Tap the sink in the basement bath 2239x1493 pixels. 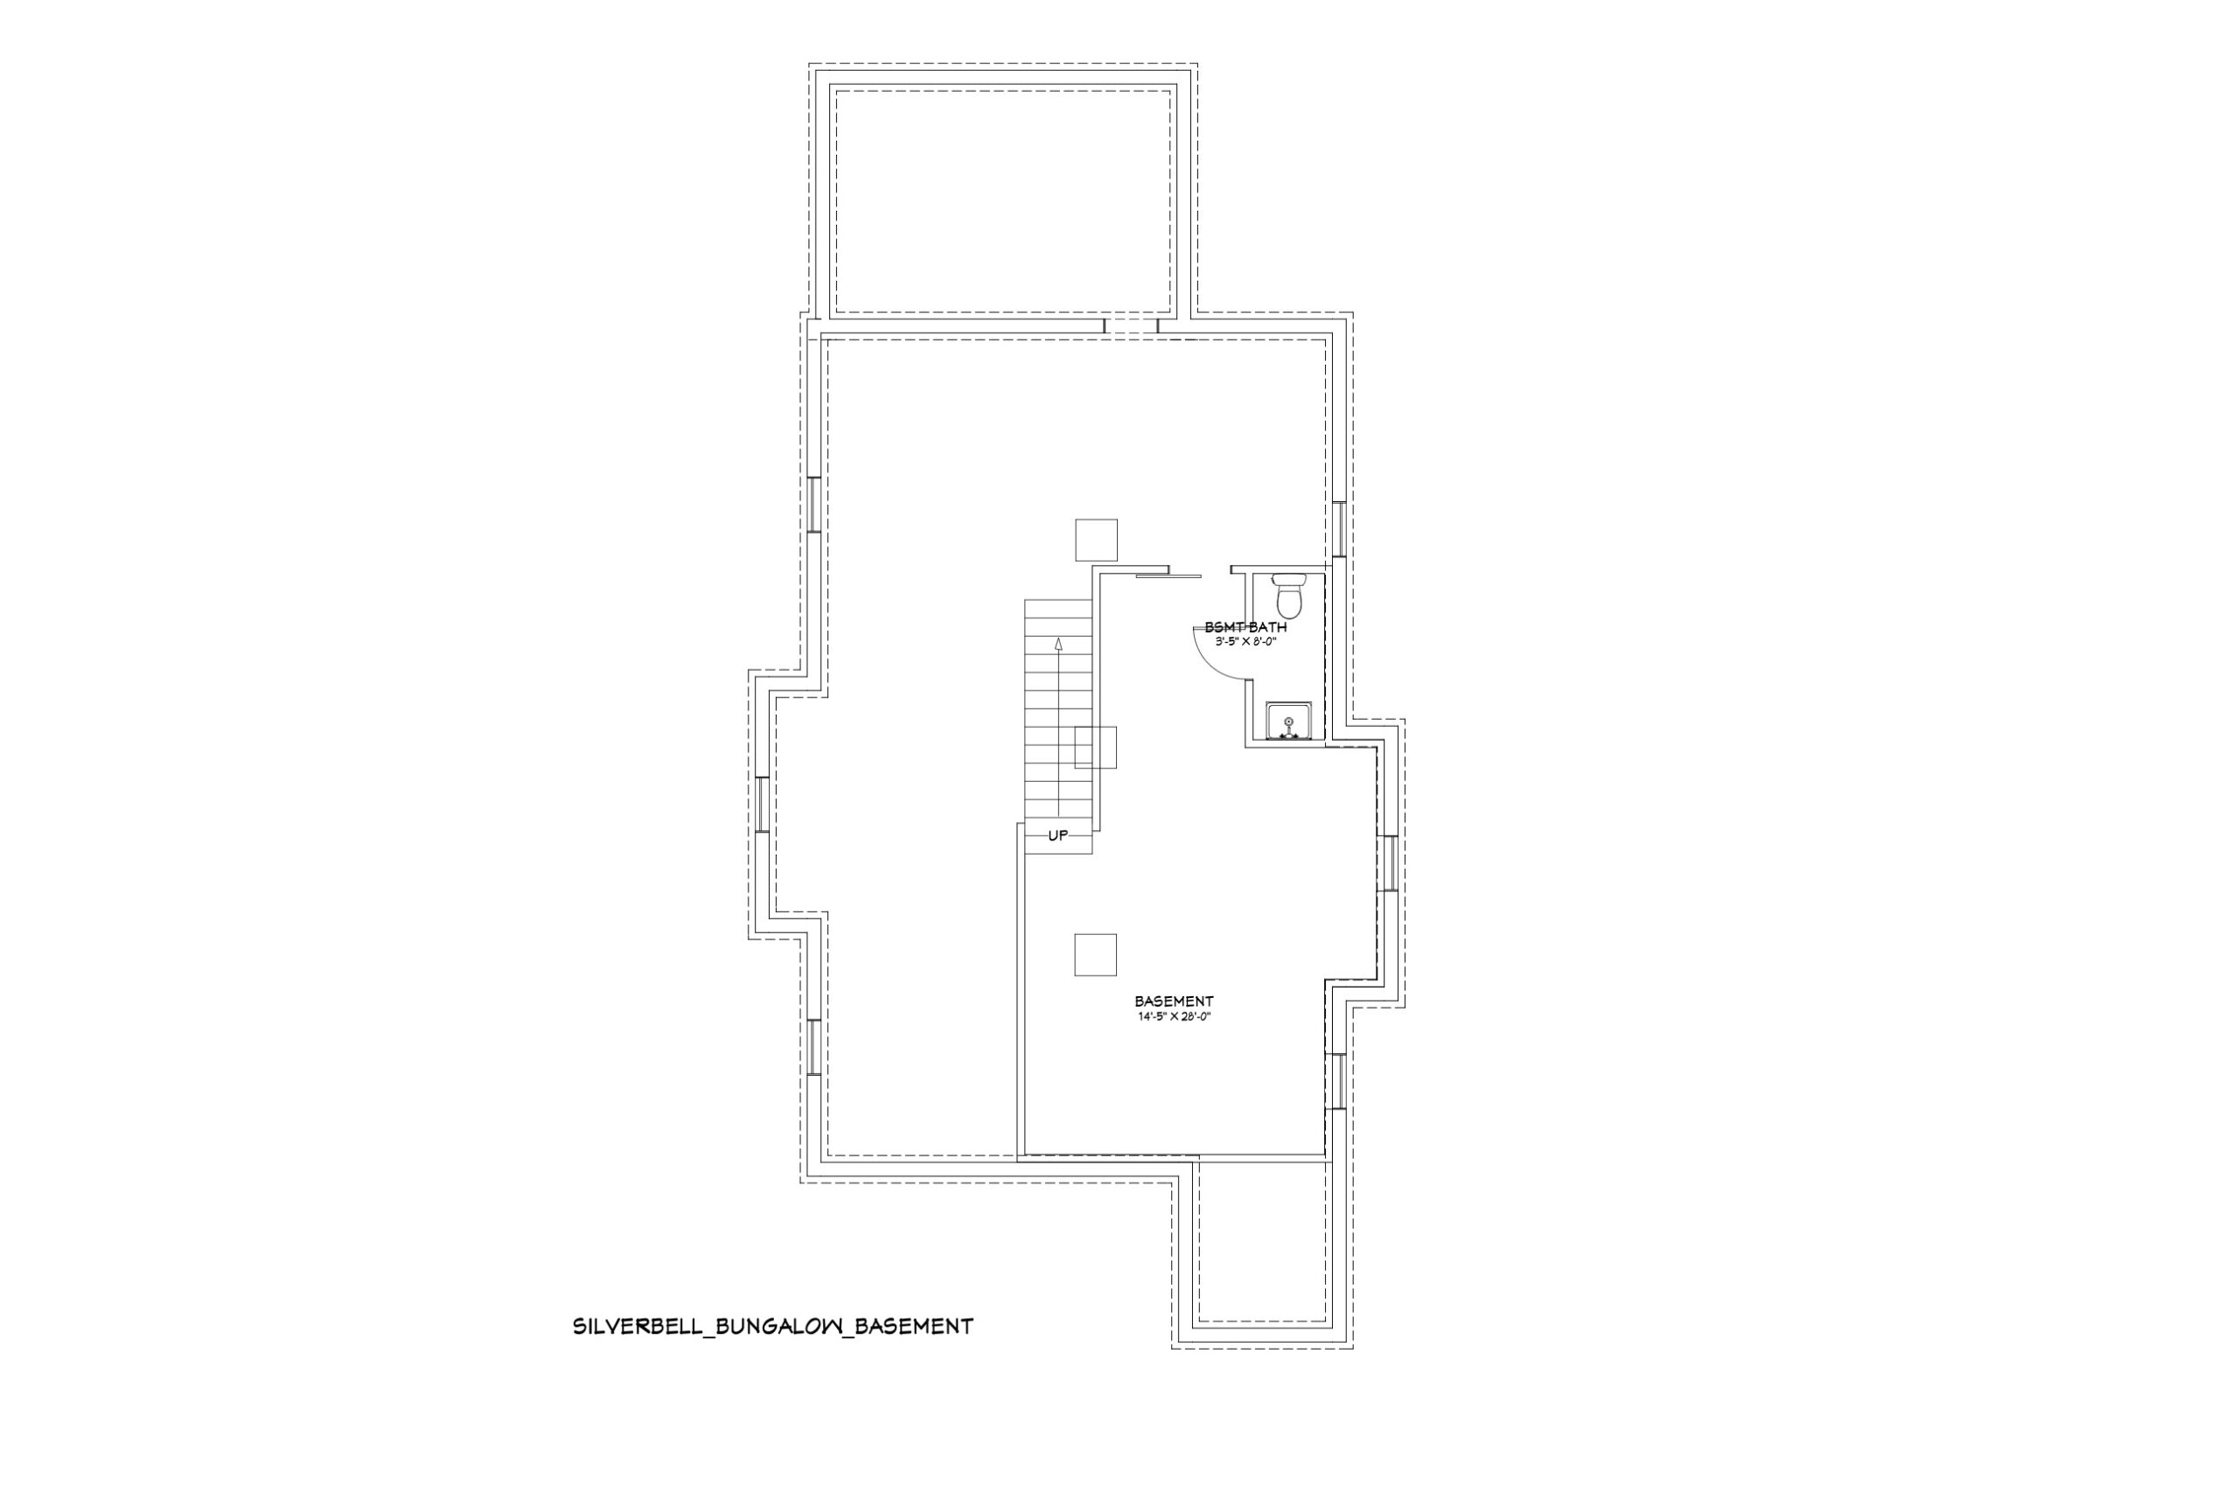[1288, 722]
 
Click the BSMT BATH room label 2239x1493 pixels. [1245, 627]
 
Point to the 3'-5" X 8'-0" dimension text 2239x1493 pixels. [1245, 642]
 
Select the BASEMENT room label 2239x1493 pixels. [1174, 1001]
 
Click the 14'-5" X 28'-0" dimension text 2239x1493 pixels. [1174, 1016]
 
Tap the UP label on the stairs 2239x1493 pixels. [1057, 836]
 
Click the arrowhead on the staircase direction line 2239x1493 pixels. [1058, 644]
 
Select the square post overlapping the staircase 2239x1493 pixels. [1096, 747]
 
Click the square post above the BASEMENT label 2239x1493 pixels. [1096, 955]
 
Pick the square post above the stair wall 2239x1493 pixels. [1096, 540]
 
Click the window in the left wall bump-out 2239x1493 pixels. [762, 805]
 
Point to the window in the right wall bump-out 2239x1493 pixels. [1387, 862]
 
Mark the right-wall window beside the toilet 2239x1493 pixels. [1337, 529]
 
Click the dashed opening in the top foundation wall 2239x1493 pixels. [1131, 325]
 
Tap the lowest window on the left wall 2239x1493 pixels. [814, 1048]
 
